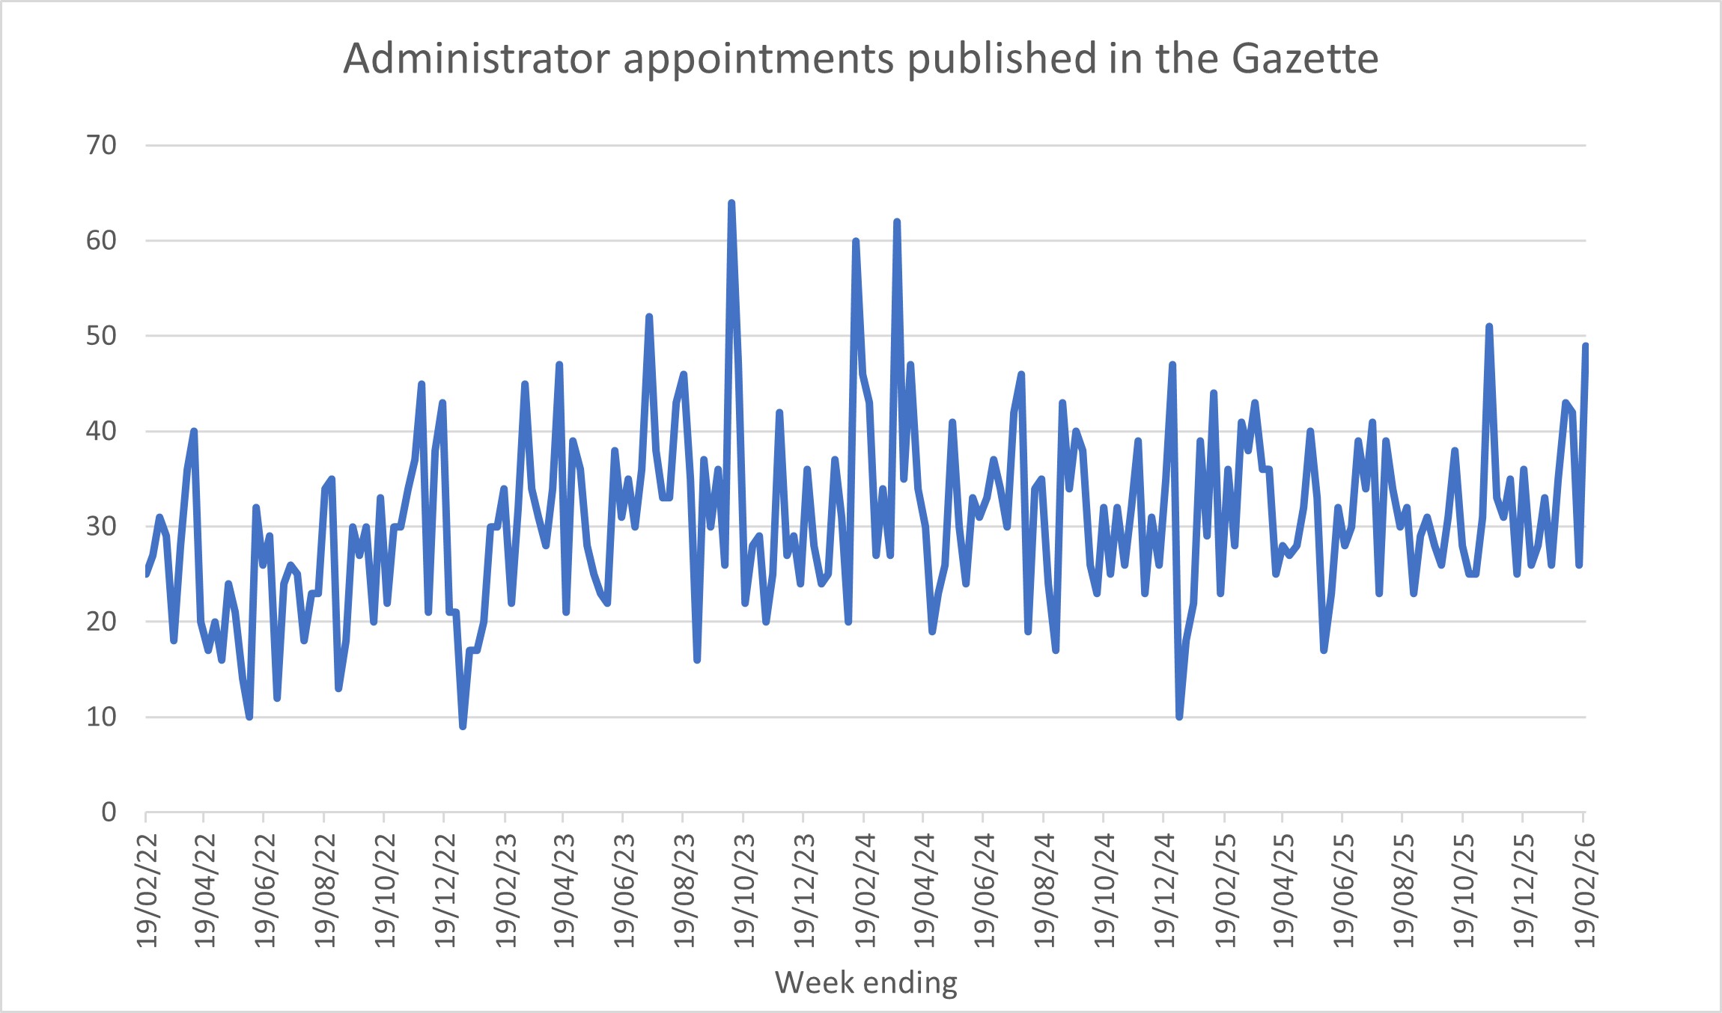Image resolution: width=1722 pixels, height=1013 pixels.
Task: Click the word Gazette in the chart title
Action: click(1304, 58)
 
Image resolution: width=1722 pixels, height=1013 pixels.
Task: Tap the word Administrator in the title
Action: click(476, 58)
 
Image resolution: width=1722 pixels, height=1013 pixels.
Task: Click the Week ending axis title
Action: click(866, 982)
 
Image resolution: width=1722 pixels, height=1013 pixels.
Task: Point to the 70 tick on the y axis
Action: click(102, 145)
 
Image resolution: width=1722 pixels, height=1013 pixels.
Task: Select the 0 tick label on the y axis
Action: click(109, 812)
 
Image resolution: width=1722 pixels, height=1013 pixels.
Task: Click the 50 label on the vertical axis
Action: click(102, 336)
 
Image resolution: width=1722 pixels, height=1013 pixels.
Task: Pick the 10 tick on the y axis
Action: click(102, 717)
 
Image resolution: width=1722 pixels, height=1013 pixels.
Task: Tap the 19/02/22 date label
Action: click(147, 890)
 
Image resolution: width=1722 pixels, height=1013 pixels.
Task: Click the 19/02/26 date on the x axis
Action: click(1585, 890)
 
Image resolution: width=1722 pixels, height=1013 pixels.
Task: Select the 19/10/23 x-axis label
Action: click(745, 890)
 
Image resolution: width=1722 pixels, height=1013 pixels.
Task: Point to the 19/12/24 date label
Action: click(1165, 890)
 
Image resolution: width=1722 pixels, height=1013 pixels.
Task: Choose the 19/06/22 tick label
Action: click(266, 890)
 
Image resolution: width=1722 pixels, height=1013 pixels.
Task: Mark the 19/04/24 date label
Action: click(925, 890)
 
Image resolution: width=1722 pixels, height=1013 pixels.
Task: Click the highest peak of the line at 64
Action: click(731, 203)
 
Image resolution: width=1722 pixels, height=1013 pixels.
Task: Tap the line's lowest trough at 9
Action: click(463, 726)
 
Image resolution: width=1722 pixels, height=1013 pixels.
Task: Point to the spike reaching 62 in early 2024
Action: click(896, 221)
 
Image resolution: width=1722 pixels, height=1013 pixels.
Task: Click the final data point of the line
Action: click(1586, 346)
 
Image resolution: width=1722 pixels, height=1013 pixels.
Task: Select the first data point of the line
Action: click(146, 574)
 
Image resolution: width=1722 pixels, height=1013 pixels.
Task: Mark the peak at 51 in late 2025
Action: click(1489, 326)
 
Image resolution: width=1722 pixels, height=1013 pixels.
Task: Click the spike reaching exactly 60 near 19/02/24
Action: click(855, 241)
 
